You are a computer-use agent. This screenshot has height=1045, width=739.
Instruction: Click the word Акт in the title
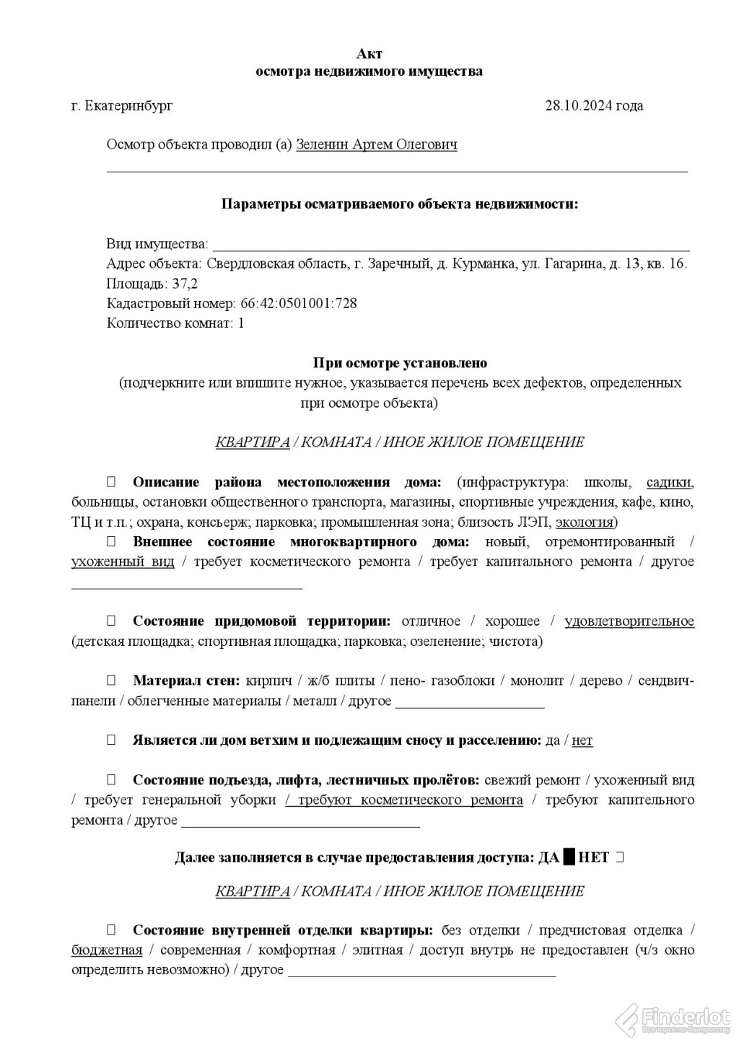(x=369, y=54)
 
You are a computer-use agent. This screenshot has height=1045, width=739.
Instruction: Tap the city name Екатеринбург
(x=128, y=106)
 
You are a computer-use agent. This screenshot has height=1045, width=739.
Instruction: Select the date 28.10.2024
(x=578, y=106)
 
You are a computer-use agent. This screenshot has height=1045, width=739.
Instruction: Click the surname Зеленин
(x=322, y=145)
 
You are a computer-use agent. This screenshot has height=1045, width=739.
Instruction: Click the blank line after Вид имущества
(x=451, y=245)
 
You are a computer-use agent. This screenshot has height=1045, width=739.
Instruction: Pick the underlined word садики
(x=670, y=483)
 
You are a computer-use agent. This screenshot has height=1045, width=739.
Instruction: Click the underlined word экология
(x=584, y=522)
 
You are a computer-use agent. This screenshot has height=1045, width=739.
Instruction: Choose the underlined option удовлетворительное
(x=629, y=621)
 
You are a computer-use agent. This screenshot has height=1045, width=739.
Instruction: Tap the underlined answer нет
(x=582, y=740)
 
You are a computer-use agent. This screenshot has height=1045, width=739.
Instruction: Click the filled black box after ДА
(x=569, y=857)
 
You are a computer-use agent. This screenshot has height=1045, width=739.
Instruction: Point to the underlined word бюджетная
(x=107, y=950)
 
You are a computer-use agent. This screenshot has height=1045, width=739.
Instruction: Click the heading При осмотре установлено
(x=401, y=363)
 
